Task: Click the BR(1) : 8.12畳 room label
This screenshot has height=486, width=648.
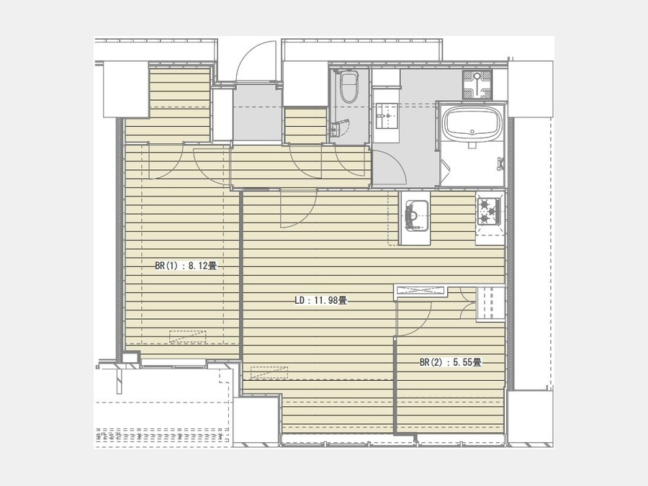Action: point(186,266)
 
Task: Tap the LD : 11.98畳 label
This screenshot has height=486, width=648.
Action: point(320,300)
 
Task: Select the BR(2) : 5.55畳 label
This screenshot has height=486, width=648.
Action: point(451,362)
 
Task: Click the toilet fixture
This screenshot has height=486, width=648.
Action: point(348,87)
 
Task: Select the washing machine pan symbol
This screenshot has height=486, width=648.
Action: point(477,84)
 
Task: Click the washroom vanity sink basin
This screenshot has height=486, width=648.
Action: point(387,116)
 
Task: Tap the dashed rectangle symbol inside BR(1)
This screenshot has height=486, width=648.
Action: point(188,336)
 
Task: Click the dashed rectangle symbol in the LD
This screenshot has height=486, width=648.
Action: point(269,372)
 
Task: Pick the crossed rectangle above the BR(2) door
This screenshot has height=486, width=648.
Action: point(420,291)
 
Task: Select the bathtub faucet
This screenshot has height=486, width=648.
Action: point(472,145)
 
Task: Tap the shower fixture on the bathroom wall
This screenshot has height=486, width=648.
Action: point(500,164)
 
